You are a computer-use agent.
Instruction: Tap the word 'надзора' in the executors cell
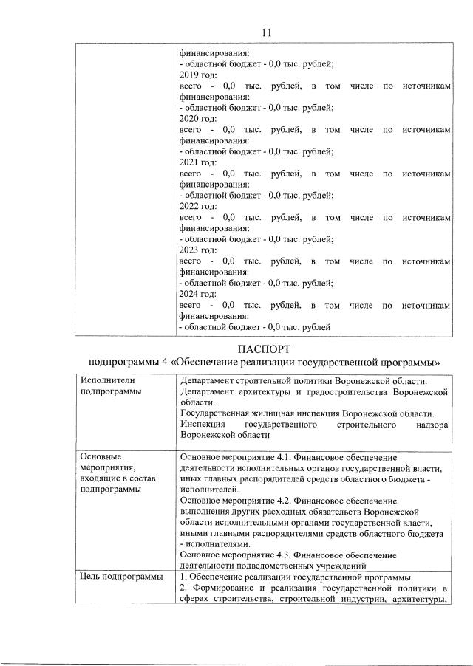[431, 426]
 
